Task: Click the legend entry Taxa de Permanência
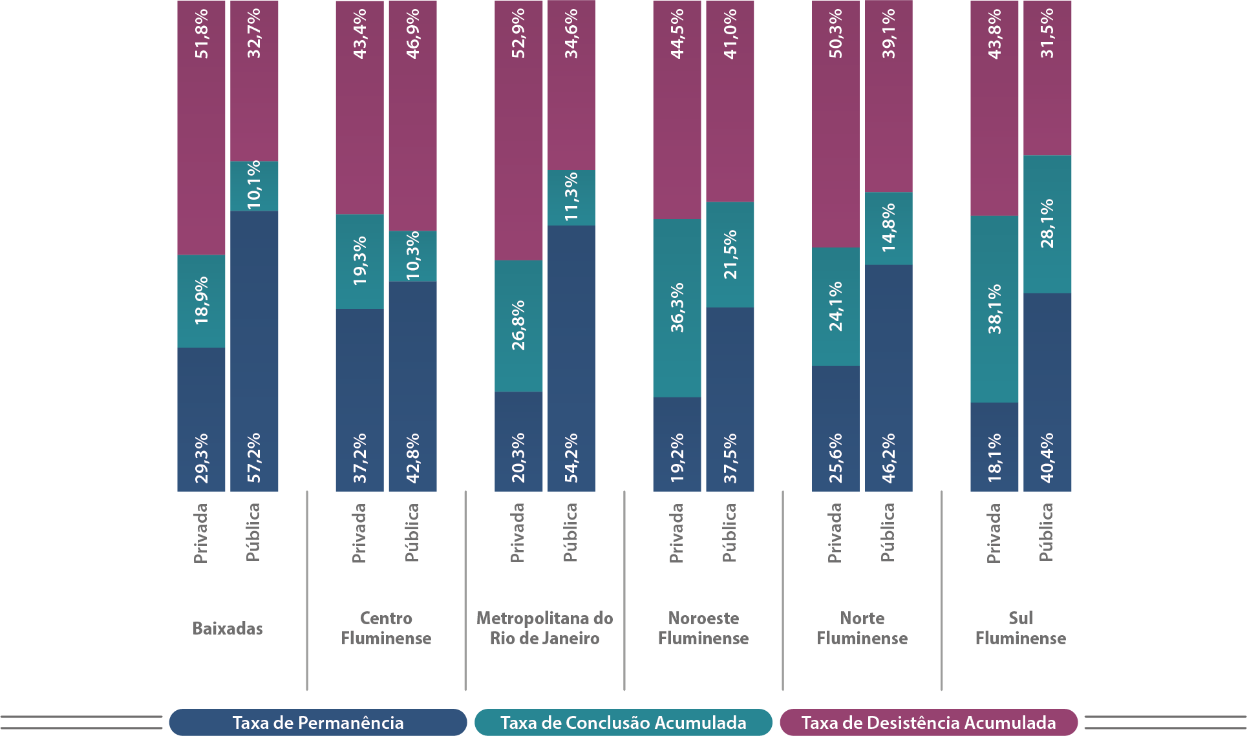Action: [x=317, y=722]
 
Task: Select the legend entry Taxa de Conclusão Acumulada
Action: [x=623, y=722]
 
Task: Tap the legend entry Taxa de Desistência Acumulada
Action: [x=928, y=722]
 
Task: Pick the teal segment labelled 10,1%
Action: [x=254, y=185]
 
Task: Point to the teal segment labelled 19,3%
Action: [x=359, y=261]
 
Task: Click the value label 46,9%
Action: [x=412, y=34]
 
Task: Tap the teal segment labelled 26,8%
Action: [x=518, y=326]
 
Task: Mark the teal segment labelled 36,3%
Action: [x=677, y=308]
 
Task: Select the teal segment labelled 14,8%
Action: [x=889, y=228]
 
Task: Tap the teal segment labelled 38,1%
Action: [x=994, y=309]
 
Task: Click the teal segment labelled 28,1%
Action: [x=1047, y=224]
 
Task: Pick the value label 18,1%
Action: [x=994, y=457]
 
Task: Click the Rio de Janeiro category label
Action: [x=544, y=638]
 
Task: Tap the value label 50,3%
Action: [x=836, y=34]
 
